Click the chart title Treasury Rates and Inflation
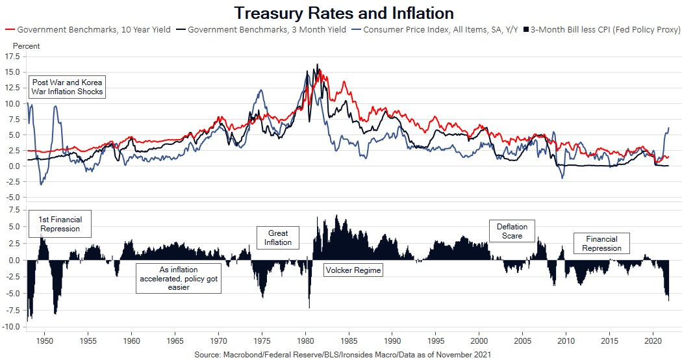pos(344,13)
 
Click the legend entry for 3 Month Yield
pos(264,30)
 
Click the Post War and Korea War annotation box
pos(68,87)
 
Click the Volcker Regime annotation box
pos(353,270)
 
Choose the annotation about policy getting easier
pos(179,278)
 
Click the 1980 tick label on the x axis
pos(305,341)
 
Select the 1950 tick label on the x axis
pos(44,341)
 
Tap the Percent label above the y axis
pos(26,46)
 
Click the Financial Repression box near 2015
pos(601,244)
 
